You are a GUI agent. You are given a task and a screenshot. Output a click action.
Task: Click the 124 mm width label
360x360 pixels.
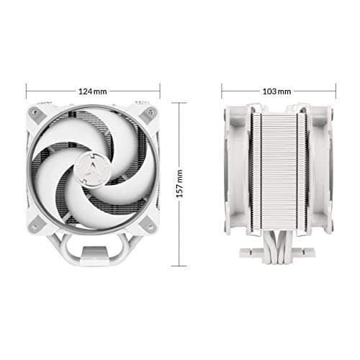tap(92, 91)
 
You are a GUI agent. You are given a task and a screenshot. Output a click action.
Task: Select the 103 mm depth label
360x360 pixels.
tap(279, 91)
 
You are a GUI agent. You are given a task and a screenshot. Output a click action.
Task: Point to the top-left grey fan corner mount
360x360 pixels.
tap(35, 113)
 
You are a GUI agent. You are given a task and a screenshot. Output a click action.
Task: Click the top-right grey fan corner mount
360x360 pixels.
tap(150, 113)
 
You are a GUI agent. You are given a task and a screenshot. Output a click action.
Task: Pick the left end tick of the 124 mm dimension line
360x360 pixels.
tap(27, 91)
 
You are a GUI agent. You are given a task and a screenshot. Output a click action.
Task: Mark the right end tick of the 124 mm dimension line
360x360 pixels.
tap(159, 91)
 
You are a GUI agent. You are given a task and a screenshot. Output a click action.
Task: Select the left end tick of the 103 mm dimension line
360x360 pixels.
tap(222, 91)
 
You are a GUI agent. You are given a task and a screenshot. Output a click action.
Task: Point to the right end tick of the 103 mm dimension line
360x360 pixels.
tap(336, 91)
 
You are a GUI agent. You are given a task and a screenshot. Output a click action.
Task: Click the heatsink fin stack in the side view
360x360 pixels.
tap(279, 173)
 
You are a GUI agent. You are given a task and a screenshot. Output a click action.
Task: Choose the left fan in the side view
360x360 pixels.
tap(236, 173)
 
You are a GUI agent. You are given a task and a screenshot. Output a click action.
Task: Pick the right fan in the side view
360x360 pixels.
tap(321, 173)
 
